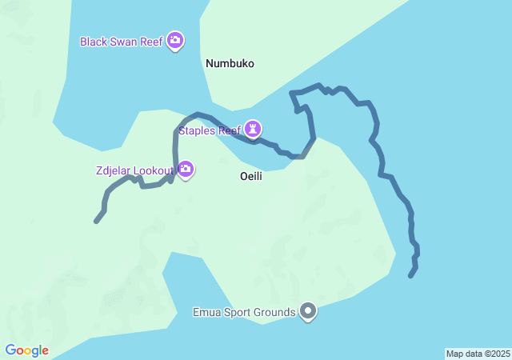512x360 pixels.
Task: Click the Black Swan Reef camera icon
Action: click(x=175, y=41)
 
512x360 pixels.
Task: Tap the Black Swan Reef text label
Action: click(x=122, y=41)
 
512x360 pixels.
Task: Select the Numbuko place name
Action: click(x=230, y=63)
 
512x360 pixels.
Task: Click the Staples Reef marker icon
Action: click(x=254, y=129)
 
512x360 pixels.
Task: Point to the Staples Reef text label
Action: click(x=210, y=130)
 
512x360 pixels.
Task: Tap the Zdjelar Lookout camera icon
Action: click(x=186, y=169)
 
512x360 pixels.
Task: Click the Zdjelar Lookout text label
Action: click(x=133, y=170)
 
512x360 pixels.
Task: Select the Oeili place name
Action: click(x=251, y=176)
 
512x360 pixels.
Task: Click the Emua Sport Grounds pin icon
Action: click(x=308, y=312)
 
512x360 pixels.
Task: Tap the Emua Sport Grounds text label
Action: click(x=245, y=312)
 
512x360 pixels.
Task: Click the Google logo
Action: click(x=26, y=350)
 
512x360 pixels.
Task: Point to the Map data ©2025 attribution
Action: click(x=478, y=354)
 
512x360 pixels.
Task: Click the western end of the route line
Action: click(x=96, y=221)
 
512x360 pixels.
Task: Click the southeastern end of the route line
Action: click(x=410, y=276)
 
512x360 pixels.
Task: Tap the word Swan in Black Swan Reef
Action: click(x=125, y=41)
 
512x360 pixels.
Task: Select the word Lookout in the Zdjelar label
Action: click(x=152, y=170)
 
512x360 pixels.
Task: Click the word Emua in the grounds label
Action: click(x=207, y=312)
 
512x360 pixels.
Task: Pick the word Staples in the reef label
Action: click(x=198, y=130)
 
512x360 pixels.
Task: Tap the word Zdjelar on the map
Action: click(x=111, y=170)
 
